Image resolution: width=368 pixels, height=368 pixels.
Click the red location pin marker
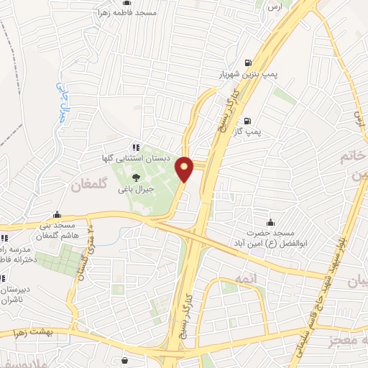[185, 168]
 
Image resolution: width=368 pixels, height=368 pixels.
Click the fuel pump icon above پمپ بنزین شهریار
[247, 63]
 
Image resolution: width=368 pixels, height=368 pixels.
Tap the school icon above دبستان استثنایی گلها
[138, 146]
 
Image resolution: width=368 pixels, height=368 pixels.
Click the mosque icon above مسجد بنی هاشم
[57, 214]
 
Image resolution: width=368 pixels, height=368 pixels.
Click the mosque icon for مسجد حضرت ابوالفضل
[270, 222]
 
